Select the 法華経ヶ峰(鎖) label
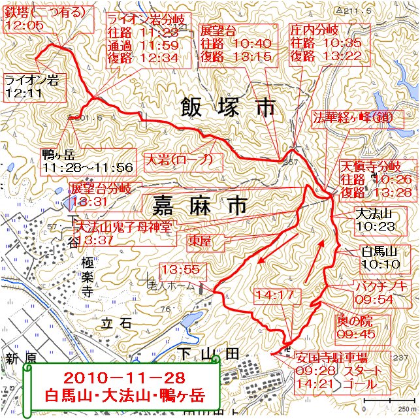pyautogui.click(x=353, y=118)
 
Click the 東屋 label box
pyautogui.click(x=205, y=240)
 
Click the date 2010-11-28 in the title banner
pyautogui.click(x=124, y=378)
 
